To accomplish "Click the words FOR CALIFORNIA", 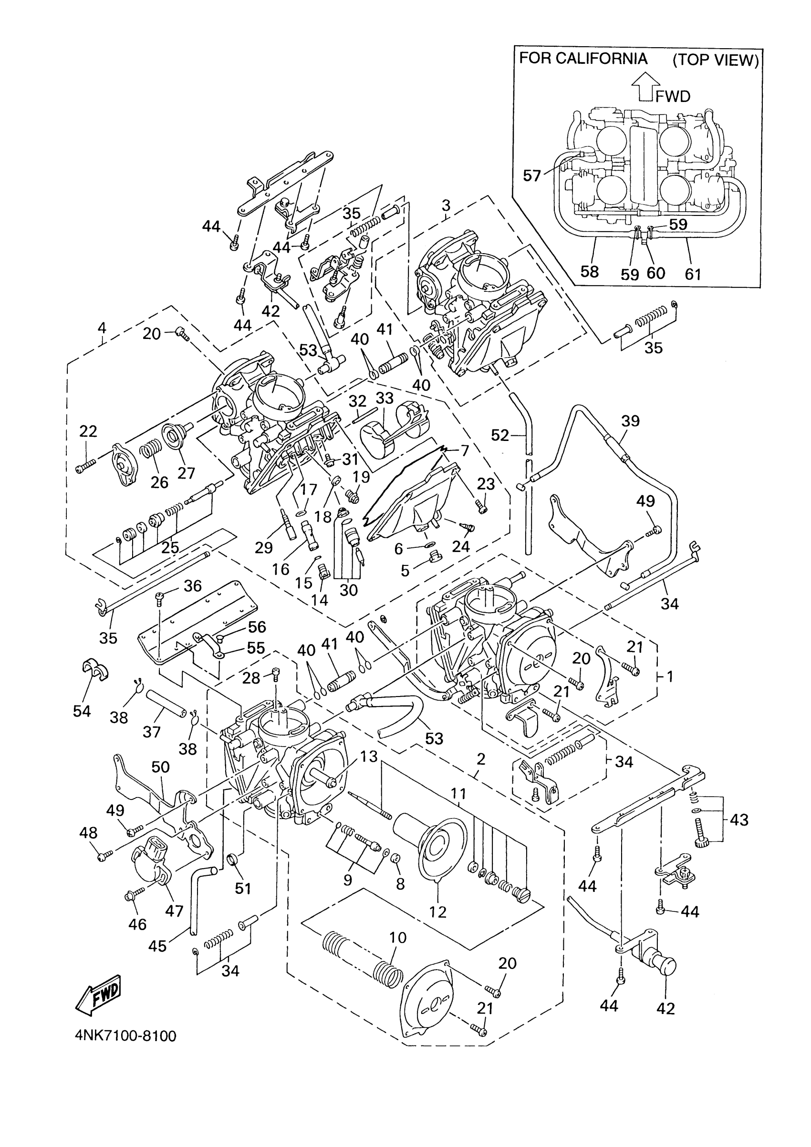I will (583, 59).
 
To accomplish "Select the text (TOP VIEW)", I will (716, 60).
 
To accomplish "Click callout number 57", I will (532, 175).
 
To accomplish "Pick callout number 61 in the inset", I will (693, 273).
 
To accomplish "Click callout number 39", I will (631, 420).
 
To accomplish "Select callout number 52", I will (499, 435).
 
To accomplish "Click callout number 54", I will (82, 710).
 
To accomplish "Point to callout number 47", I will (174, 911).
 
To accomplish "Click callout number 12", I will (437, 912).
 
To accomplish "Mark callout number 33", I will (385, 398).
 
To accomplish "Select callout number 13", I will (368, 757).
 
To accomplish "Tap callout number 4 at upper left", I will (102, 328).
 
